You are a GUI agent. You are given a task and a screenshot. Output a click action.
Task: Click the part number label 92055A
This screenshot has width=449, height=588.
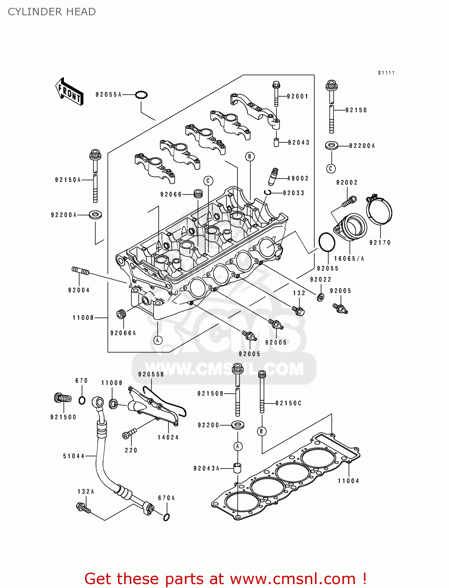pos(109,94)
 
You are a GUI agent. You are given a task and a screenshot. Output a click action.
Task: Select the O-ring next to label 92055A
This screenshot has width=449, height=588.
pos(141,95)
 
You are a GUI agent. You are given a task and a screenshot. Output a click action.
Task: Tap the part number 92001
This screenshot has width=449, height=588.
pos(297,96)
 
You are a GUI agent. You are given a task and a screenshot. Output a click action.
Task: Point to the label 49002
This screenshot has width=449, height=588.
pos(298,178)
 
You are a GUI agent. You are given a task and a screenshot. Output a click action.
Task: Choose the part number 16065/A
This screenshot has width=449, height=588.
pos(349,259)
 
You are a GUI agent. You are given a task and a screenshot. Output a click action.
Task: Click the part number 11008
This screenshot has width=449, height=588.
pos(83,318)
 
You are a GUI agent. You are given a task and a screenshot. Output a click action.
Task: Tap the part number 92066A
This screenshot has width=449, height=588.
pos(123,333)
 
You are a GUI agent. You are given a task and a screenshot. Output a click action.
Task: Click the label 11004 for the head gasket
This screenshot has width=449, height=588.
pos(348,481)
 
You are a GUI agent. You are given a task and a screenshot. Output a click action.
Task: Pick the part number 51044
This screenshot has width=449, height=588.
pos(74,456)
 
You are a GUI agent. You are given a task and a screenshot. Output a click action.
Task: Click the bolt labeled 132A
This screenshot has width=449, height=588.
pos(83,508)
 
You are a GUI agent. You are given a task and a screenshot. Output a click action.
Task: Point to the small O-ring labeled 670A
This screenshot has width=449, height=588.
pos(166,517)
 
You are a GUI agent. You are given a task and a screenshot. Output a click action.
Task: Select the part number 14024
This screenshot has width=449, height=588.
pos(168,437)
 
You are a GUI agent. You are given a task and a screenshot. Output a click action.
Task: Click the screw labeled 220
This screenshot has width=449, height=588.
pos(129,434)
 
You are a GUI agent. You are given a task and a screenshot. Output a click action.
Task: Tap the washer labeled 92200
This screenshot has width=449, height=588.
pos(237,425)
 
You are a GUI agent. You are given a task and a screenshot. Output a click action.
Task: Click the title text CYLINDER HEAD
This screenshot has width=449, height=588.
pos(52,12)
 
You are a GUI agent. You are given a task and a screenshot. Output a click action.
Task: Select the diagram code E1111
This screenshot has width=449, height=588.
pos(386,73)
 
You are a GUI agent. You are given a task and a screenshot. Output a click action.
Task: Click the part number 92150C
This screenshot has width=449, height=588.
pos(288,403)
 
